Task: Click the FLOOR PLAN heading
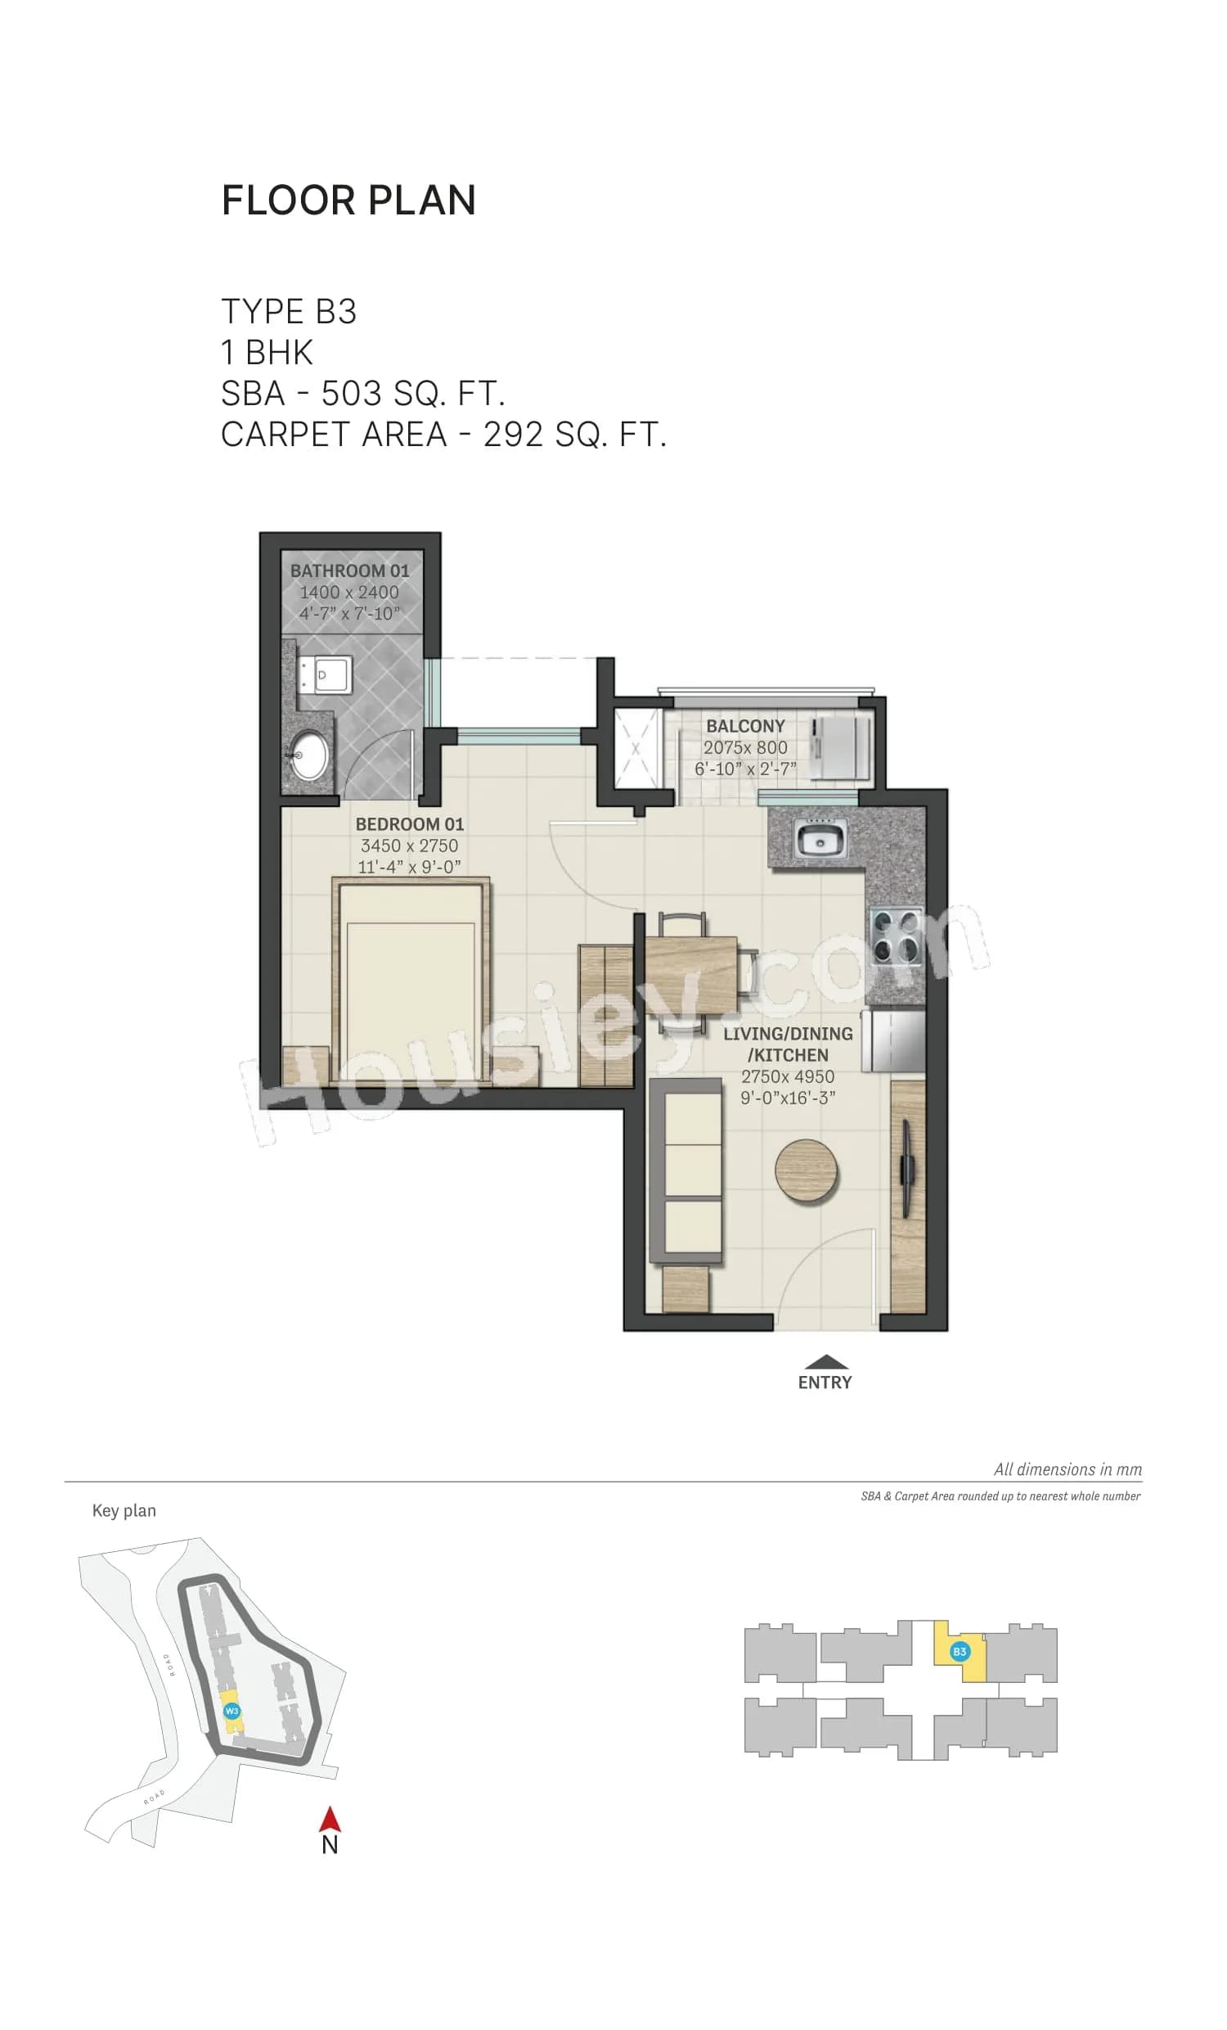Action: click(348, 201)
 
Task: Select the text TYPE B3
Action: click(288, 311)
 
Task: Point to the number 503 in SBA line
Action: click(351, 394)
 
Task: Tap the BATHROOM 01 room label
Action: click(349, 570)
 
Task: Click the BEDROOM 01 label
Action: click(409, 823)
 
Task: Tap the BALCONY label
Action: click(745, 726)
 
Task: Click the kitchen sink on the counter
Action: click(818, 841)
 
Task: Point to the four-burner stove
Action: click(896, 936)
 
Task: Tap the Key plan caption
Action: click(124, 1510)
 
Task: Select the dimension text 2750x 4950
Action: click(787, 1076)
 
